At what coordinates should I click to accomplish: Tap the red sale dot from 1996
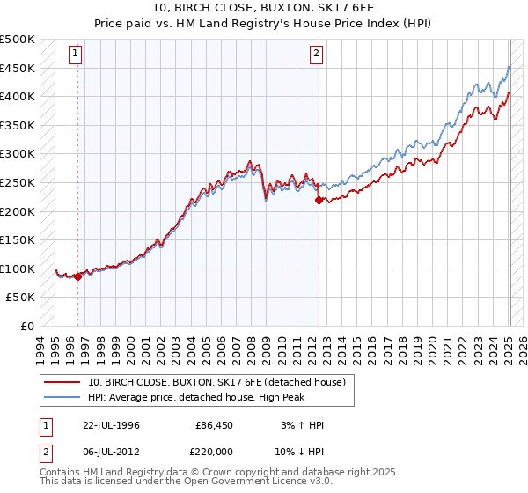[77, 276]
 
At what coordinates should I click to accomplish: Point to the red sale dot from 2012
[319, 200]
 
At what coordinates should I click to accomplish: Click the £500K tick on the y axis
[18, 40]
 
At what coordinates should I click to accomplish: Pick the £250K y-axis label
[18, 182]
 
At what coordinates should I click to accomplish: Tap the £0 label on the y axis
[26, 326]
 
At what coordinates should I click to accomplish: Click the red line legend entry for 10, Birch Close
[221, 382]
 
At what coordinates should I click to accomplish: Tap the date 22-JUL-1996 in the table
[107, 425]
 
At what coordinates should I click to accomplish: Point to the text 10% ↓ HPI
[299, 451]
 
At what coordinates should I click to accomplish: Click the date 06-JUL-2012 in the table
[107, 451]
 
